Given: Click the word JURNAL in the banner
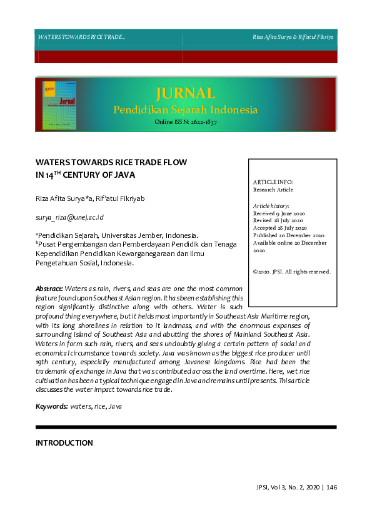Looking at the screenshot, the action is tap(185, 94).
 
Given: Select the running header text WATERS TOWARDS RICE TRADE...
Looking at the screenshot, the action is tap(81, 38).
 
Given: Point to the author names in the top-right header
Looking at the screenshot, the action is tap(293, 38).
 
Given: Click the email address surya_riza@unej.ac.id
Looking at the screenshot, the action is tap(69, 217).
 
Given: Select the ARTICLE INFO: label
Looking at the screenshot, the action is tap(273, 182).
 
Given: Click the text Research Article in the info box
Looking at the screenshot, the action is tap(273, 190).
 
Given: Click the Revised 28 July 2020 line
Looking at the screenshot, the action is tap(278, 220).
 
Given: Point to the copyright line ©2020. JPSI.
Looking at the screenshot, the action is tap(291, 272).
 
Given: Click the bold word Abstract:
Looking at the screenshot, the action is tap(49, 288).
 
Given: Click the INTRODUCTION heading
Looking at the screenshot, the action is tap(64, 443).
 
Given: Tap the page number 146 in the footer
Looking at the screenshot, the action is tap(331, 488).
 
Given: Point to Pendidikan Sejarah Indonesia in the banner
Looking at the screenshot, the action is tap(185, 110).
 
